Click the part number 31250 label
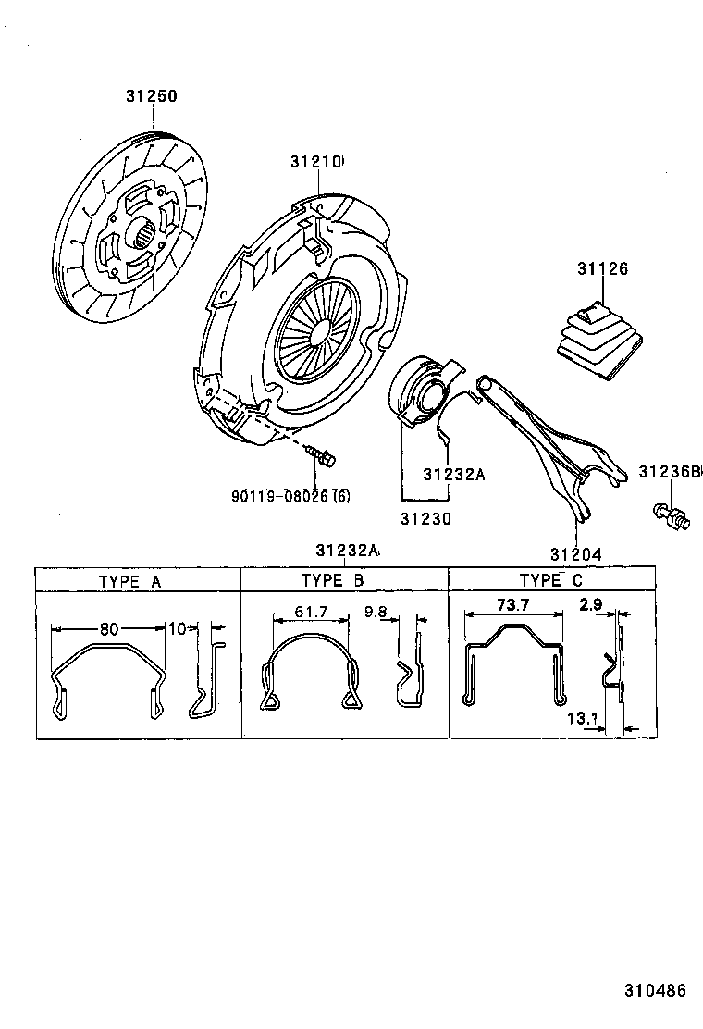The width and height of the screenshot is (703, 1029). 152,96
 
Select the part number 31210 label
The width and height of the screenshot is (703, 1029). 315,162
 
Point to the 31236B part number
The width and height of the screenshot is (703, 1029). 668,471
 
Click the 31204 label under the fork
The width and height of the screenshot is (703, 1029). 575,554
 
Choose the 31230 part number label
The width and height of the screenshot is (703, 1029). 425,519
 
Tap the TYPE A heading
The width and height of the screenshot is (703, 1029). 129,581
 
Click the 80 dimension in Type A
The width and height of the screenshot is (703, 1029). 109,628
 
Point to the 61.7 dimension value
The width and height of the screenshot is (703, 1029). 309,612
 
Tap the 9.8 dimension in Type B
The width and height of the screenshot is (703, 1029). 377,612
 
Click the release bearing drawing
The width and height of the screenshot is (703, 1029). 424,390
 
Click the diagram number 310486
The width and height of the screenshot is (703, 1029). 653,989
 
